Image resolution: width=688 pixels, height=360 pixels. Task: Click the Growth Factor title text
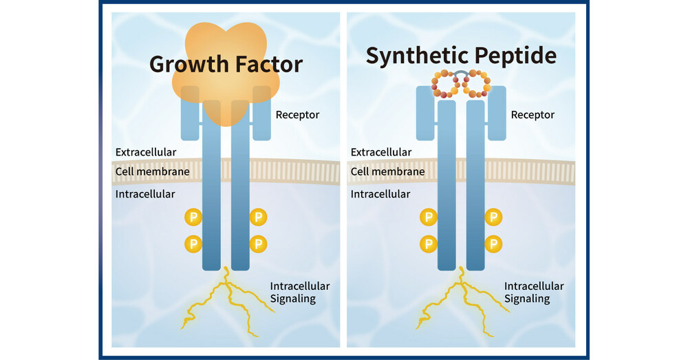click(226, 64)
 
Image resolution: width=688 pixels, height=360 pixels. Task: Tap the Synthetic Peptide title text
click(461, 56)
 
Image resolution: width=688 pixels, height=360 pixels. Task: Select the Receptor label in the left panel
click(297, 114)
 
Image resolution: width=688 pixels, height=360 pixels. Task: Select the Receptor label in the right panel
click(533, 114)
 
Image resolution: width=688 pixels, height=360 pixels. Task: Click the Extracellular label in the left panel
click(146, 151)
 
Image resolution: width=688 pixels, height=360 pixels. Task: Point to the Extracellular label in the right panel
click(381, 151)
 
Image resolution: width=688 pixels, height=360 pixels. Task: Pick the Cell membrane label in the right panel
click(387, 171)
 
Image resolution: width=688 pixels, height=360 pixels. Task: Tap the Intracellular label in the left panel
click(145, 194)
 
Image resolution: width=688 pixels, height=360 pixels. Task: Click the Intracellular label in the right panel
click(380, 194)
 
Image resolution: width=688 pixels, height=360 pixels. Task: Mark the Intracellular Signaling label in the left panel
click(299, 292)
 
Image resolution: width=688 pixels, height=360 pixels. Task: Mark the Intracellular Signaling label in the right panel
click(534, 292)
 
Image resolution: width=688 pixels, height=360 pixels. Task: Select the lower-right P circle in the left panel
click(259, 243)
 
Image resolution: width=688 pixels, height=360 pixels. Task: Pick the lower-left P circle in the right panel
click(429, 243)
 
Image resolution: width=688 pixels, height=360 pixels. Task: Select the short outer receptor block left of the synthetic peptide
click(425, 113)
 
